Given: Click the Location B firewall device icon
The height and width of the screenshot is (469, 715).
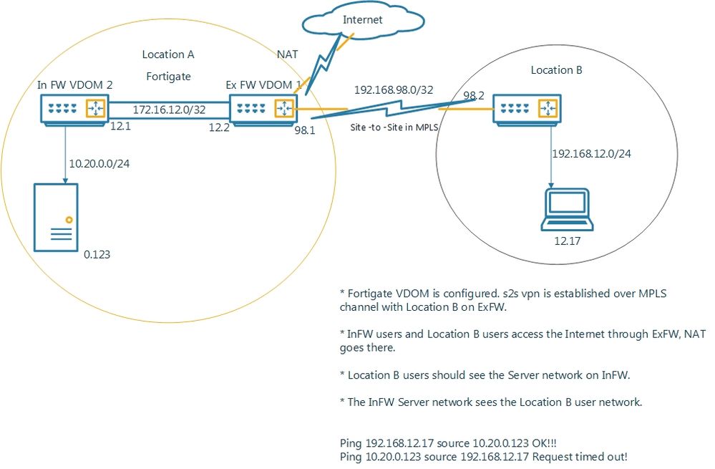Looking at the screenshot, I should click(x=527, y=109).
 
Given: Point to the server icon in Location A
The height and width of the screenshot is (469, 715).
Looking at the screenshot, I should click(x=56, y=216).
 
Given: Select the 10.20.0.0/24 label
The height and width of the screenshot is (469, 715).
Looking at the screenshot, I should click(x=99, y=163).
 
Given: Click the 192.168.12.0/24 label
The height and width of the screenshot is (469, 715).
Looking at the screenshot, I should click(x=591, y=153).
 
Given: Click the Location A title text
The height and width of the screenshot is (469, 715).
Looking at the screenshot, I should click(x=168, y=54).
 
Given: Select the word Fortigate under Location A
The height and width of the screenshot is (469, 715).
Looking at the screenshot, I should click(x=168, y=75).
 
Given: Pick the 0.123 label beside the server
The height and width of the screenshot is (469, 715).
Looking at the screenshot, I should click(x=97, y=253).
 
